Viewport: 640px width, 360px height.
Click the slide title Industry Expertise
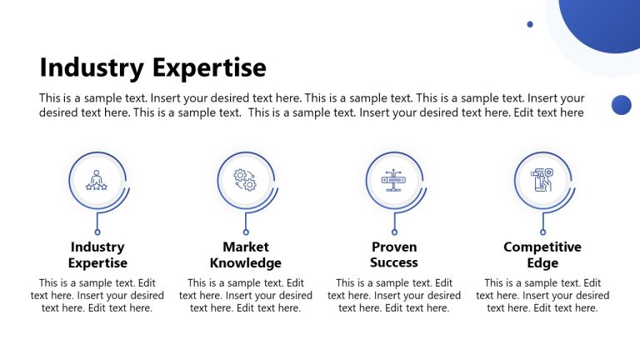coord(152,67)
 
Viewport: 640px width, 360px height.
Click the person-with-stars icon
coord(97,180)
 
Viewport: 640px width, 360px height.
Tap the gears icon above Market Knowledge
coord(246,180)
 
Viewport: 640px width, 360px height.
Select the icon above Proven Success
coord(394,180)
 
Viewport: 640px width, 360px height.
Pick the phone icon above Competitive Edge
coord(542,180)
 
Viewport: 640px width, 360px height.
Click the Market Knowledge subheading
coord(246,255)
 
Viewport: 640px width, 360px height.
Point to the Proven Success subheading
coord(394,255)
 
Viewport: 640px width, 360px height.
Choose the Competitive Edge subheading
coord(542,255)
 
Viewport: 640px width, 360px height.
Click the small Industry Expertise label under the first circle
coord(97,255)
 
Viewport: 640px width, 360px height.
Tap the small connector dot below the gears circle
coord(246,232)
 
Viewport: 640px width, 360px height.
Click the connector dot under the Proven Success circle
coord(394,232)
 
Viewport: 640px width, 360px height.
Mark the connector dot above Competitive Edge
coord(542,232)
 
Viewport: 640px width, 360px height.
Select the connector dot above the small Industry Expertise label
coord(97,232)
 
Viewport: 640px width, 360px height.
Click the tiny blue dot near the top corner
coord(530,24)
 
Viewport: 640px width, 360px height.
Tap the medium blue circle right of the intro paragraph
coord(621,104)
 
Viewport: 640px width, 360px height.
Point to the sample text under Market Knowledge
coord(246,296)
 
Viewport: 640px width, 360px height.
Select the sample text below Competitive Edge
coord(542,296)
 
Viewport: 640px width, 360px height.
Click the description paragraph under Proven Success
coord(394,296)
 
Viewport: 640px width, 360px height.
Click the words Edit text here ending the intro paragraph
coord(550,112)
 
